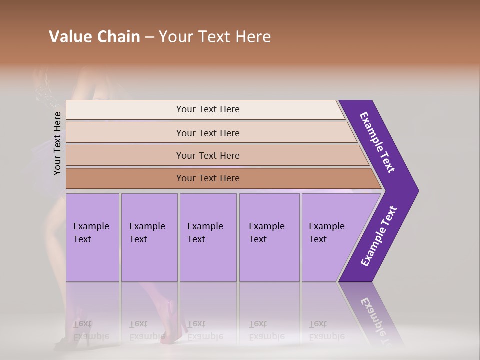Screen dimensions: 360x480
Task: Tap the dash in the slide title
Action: click(x=149, y=37)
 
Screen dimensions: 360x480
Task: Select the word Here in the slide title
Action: click(x=253, y=37)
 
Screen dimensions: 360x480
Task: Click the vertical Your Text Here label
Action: click(x=57, y=143)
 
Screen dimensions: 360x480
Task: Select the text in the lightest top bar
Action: click(x=208, y=109)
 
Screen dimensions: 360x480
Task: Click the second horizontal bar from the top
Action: click(x=208, y=133)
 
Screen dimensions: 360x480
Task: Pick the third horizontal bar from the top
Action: click(x=208, y=155)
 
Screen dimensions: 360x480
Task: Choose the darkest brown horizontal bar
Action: click(x=208, y=178)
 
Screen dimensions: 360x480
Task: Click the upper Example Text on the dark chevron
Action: click(x=378, y=142)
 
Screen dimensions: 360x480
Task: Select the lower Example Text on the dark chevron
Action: click(x=379, y=236)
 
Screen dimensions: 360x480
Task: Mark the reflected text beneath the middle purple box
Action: click(x=205, y=330)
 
